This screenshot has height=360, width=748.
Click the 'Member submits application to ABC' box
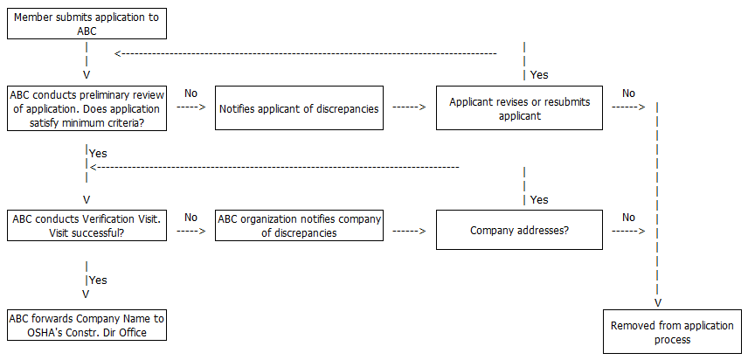click(x=87, y=24)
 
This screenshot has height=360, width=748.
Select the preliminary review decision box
click(x=87, y=108)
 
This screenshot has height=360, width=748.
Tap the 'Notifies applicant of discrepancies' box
click(x=299, y=109)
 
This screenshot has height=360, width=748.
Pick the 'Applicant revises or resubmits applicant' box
click(x=519, y=108)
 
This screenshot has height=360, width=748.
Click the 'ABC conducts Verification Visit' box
click(x=87, y=225)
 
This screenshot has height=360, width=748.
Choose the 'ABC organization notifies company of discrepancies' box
click(x=299, y=225)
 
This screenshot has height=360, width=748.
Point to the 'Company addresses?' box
click(x=519, y=232)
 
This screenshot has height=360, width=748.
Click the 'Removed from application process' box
click(x=672, y=332)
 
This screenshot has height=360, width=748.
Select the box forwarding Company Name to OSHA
click(x=87, y=325)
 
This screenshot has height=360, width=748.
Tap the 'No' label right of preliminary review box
click(x=191, y=93)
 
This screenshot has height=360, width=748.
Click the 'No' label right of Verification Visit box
click(x=191, y=218)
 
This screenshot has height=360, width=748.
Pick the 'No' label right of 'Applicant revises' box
click(x=628, y=93)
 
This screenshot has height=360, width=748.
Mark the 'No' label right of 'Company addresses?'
click(x=628, y=218)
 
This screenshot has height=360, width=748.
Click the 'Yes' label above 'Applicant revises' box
click(x=539, y=75)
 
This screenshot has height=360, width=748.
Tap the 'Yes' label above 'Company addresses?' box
click(x=539, y=200)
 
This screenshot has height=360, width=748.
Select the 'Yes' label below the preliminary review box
click(x=98, y=153)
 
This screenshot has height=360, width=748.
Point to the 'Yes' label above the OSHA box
click(x=98, y=280)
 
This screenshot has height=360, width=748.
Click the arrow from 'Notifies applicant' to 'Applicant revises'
click(x=409, y=107)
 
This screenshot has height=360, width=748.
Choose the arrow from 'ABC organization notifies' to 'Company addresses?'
click(x=409, y=232)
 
